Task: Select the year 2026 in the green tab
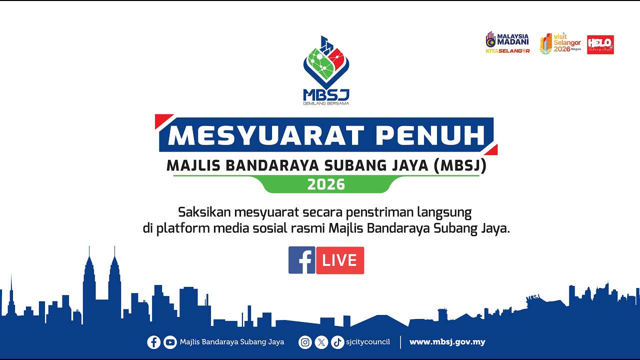point(326,184)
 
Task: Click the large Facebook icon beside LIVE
point(301,260)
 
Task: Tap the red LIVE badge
point(340,260)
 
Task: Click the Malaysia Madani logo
point(507,43)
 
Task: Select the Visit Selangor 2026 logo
point(560,44)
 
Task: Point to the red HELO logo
point(600,44)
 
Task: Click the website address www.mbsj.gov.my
point(447,342)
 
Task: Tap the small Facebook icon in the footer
point(153,342)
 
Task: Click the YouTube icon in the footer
point(170,342)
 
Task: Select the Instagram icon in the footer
point(305,342)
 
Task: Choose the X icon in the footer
point(321,342)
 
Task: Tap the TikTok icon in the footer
point(337,342)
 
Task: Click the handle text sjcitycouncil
point(368,342)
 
